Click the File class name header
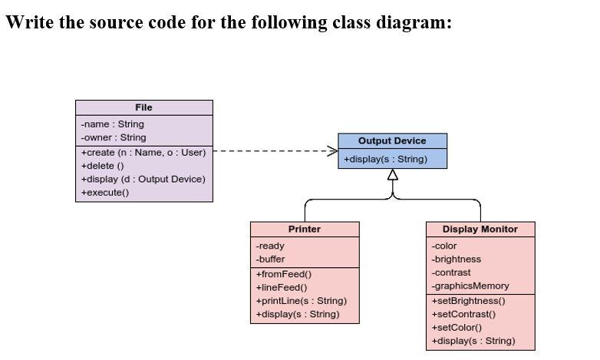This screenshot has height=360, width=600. pos(143,107)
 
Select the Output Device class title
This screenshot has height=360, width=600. pos(392,140)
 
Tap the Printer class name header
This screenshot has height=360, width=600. pos(305,229)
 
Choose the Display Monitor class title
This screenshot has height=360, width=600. pos(480,229)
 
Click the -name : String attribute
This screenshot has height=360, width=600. pos(112,124)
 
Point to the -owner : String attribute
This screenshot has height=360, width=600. pos(114,137)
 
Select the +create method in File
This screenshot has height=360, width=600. pos(143,152)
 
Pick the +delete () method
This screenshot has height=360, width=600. pos(103,166)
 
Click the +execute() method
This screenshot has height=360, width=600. pos(105,193)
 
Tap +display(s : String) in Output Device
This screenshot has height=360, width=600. pos(385,159)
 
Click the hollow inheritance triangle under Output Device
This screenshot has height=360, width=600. pos(393,175)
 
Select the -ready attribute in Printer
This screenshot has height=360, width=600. pos(270,246)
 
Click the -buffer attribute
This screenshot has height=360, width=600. pos(270,259)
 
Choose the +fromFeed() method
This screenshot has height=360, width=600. pos(283,274)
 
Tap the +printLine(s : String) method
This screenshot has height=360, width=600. pos(301,300)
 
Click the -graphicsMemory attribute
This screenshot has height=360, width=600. pos(470,286)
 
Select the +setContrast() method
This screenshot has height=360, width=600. pos(463,314)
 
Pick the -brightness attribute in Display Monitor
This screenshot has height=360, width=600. pos(457,259)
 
